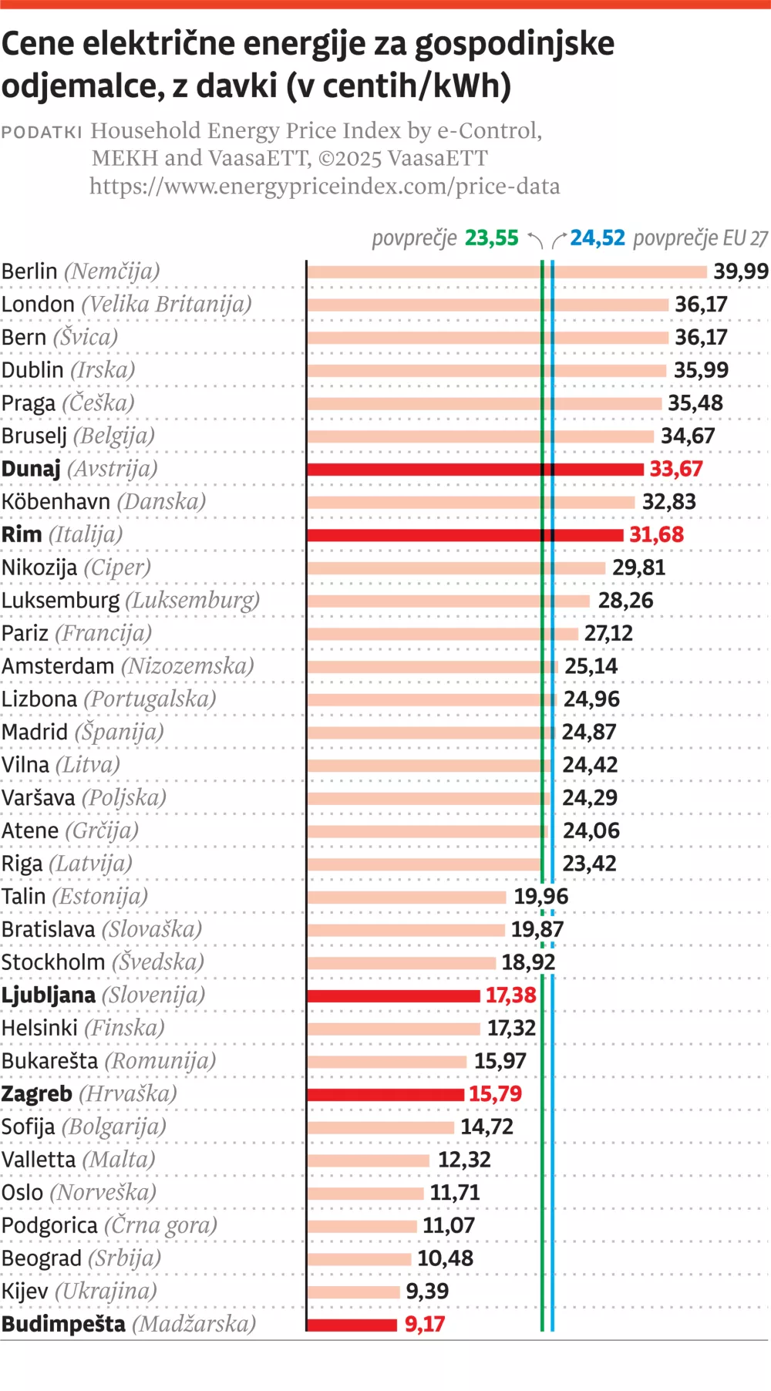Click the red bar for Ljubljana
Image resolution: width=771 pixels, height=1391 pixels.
(x=393, y=995)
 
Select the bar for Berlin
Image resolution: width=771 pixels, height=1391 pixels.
(x=506, y=271)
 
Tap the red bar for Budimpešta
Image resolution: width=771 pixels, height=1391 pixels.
(x=352, y=1325)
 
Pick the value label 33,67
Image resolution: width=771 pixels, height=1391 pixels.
(x=676, y=469)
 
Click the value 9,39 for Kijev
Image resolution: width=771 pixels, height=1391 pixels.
(x=427, y=1292)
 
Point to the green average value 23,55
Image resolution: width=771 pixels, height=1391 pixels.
(x=492, y=237)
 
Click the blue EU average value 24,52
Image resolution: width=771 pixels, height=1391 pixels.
(x=598, y=237)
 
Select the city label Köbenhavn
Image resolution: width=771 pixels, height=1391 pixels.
(x=56, y=502)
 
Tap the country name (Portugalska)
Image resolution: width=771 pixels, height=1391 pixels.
(x=150, y=699)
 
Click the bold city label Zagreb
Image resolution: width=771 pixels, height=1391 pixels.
(x=36, y=1094)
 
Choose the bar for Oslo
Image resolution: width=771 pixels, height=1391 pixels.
(x=365, y=1193)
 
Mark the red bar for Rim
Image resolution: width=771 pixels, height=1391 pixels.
(x=464, y=535)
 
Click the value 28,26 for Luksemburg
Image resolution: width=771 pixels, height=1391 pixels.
(x=625, y=601)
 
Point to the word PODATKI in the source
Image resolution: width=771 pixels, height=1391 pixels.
(x=42, y=132)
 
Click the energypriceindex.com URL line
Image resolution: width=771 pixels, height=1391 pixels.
(x=325, y=187)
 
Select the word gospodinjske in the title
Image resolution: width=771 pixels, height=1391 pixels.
(x=514, y=44)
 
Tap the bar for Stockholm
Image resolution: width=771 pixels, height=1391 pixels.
(x=401, y=962)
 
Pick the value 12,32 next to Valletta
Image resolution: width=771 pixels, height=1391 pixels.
(x=464, y=1160)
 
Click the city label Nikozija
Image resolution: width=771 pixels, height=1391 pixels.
(x=39, y=568)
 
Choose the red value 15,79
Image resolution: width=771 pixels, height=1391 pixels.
(x=495, y=1094)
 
